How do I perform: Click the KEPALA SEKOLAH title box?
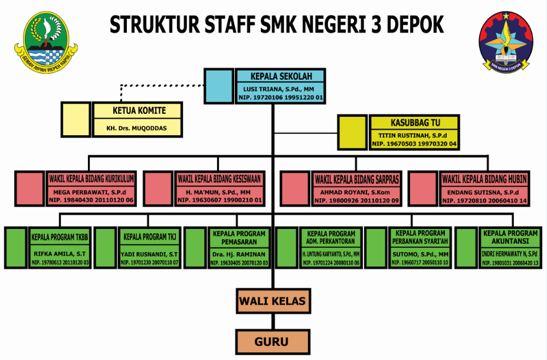click(280, 76)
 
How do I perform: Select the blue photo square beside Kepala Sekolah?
click(219, 86)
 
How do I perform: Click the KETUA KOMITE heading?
click(139, 110)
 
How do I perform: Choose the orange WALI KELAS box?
click(273, 302)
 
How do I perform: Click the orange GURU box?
click(273, 341)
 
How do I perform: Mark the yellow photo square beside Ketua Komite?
click(76, 119)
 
